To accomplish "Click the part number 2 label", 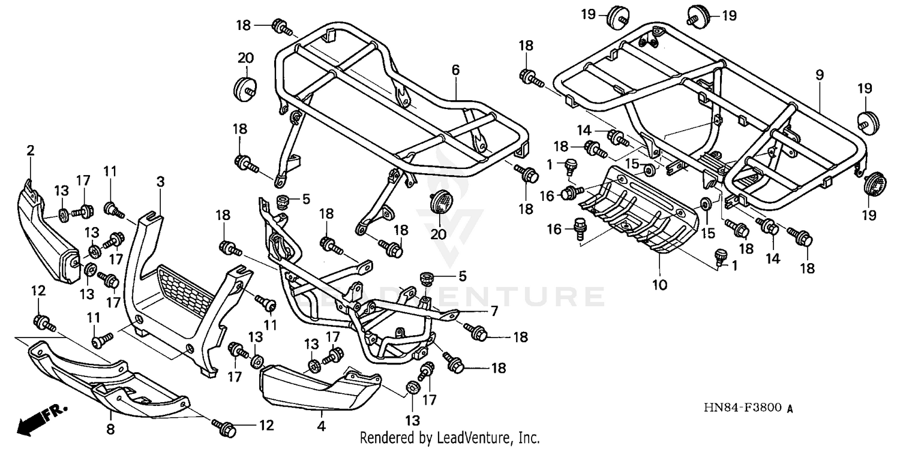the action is tap(30, 151).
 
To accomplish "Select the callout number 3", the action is tap(160, 182).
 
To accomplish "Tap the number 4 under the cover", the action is tap(322, 427).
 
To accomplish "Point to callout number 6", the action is tap(455, 70).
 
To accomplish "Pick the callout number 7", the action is tap(494, 311).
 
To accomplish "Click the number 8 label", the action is tap(110, 429).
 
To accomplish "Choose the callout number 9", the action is tap(820, 75).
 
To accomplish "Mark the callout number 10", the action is tap(660, 285).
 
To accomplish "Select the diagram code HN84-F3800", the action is tap(743, 408).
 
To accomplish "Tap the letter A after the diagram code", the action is tap(790, 409).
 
